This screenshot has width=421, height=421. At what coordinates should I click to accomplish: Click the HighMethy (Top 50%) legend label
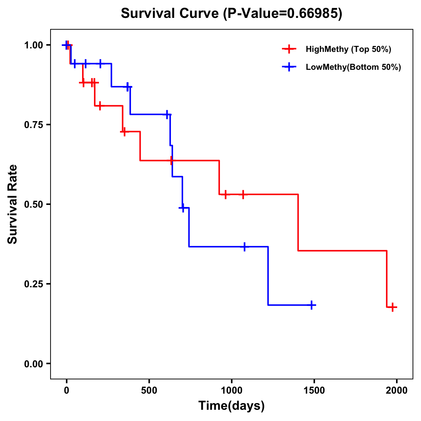point(348,49)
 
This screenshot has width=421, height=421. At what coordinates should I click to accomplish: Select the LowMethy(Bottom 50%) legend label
point(353,67)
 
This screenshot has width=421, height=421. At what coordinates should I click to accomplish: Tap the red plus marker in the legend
point(289,49)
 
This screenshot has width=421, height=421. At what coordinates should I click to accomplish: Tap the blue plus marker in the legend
point(289,67)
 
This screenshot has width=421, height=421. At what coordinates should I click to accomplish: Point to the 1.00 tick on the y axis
point(33,45)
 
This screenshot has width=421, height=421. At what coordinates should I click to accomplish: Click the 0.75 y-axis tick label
point(33,125)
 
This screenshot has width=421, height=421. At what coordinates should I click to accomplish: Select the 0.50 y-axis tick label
point(33,205)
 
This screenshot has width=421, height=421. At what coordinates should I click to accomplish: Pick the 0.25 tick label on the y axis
point(33,284)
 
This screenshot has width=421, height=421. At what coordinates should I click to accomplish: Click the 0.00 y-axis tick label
point(33,364)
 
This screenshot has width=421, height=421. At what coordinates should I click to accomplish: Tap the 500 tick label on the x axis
point(149,390)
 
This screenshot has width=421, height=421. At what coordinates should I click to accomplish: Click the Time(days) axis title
point(232,406)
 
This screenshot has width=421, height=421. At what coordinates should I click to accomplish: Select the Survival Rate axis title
point(13,204)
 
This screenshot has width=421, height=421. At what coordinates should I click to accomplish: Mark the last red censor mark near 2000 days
point(393,307)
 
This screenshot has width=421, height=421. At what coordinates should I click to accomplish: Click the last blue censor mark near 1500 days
point(311,305)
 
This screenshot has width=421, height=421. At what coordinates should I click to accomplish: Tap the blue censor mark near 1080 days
point(245,247)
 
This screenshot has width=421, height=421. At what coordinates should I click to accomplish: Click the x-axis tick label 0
point(67,390)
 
